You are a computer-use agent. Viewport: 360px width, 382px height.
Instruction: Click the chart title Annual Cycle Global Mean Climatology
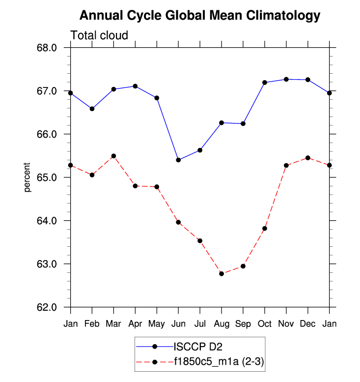click(x=199, y=16)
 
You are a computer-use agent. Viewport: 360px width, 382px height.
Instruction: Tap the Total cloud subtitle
click(x=99, y=35)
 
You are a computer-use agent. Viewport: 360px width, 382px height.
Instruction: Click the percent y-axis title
click(x=28, y=177)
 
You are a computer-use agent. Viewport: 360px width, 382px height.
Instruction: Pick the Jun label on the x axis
click(x=178, y=324)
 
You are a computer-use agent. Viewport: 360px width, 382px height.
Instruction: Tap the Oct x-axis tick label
click(x=265, y=324)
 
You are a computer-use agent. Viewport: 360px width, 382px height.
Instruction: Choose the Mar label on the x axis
click(x=113, y=324)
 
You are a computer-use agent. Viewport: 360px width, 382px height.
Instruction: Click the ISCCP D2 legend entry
click(x=193, y=346)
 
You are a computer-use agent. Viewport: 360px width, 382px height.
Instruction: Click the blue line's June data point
click(x=178, y=160)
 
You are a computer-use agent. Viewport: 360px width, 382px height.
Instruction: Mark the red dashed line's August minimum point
click(x=222, y=273)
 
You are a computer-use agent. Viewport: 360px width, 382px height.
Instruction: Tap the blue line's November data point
click(x=286, y=79)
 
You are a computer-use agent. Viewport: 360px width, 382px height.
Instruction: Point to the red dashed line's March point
click(x=113, y=156)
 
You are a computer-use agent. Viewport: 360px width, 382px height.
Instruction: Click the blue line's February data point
click(x=92, y=109)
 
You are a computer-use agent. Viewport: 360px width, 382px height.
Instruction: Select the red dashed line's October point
click(x=265, y=228)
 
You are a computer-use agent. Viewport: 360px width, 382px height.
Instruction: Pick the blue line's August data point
click(x=222, y=122)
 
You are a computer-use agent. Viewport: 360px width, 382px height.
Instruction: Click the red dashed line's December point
click(x=308, y=158)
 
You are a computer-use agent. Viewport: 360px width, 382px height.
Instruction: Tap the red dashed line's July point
click(x=200, y=240)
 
